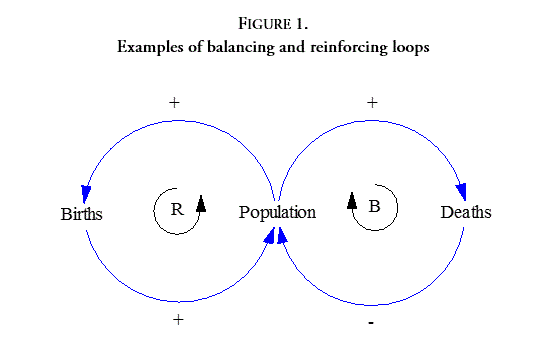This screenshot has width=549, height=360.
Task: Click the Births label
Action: click(x=81, y=213)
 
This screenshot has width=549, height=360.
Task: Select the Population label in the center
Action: click(x=277, y=212)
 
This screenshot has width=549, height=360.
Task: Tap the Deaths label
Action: click(x=466, y=212)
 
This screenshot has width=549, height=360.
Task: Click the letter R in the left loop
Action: click(x=177, y=209)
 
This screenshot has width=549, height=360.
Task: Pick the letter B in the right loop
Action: click(x=374, y=207)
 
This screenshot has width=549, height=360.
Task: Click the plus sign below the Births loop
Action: click(x=178, y=320)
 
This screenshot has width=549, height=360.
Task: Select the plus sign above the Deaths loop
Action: click(x=372, y=102)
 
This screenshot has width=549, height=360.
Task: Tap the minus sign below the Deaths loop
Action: click(x=372, y=323)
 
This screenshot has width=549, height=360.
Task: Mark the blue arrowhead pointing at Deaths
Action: click(x=462, y=193)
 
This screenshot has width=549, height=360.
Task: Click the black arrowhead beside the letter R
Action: click(x=200, y=203)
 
